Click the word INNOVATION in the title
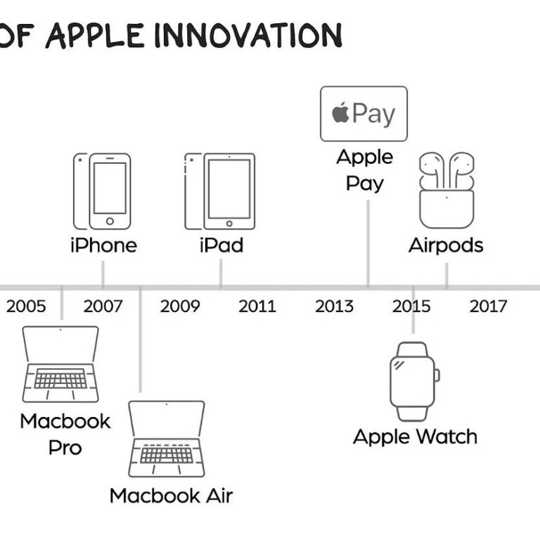point(248,35)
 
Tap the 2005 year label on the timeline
point(26,306)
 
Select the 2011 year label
point(257,306)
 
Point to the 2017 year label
point(489,306)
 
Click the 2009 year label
point(180,306)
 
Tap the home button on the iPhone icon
point(110,221)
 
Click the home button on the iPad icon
point(229,224)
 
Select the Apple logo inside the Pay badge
point(340,112)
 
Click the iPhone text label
point(103,245)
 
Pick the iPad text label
point(221,245)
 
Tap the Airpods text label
point(446,246)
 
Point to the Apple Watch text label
point(416,437)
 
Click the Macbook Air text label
point(171,496)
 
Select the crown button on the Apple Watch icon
point(437,375)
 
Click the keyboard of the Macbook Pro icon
point(60,378)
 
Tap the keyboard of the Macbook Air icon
point(167,454)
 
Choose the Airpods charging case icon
point(446,209)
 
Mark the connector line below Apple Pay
point(368,243)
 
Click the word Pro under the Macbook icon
point(65,448)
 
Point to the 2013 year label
point(334,306)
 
